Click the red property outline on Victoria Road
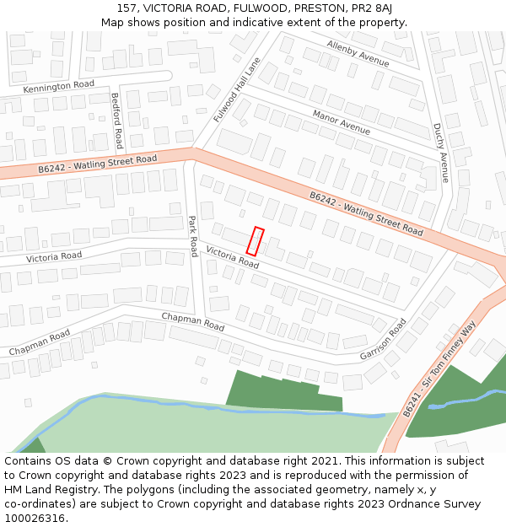pyautogui.click(x=256, y=241)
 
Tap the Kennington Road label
pyautogui.click(x=58, y=86)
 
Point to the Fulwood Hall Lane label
pyautogui.click(x=237, y=90)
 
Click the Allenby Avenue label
pyautogui.click(x=358, y=53)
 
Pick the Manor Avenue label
pyautogui.click(x=341, y=122)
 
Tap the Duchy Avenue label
pyautogui.click(x=440, y=153)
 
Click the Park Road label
pyautogui.click(x=192, y=235)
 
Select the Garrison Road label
pyautogui.click(x=383, y=339)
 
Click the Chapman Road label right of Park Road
pyautogui.click(x=193, y=321)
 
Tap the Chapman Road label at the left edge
pyautogui.click(x=40, y=342)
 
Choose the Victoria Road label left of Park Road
pyautogui.click(x=53, y=256)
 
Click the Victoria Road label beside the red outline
pyautogui.click(x=232, y=257)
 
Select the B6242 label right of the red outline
pyautogui.click(x=365, y=213)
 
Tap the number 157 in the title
pyautogui.click(x=127, y=8)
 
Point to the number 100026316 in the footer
pyautogui.click(x=35, y=518)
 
